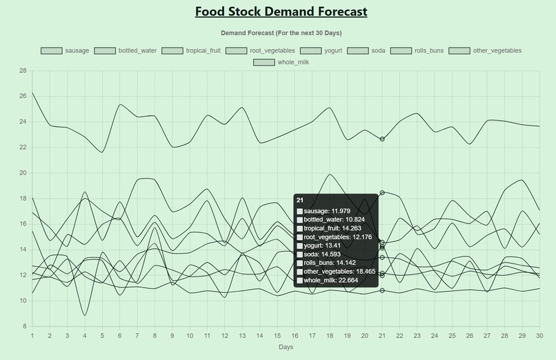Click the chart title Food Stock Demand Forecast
[x=281, y=12]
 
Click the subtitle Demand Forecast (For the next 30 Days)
[x=281, y=33]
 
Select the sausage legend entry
[x=65, y=50]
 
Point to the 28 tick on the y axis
[x=23, y=71]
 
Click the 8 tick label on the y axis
[x=25, y=326]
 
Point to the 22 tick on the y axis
[x=23, y=148]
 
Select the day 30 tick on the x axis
[x=539, y=335]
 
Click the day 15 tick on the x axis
[x=277, y=335]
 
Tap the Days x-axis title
[x=286, y=347]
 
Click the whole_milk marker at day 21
[x=382, y=139]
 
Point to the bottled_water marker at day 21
[x=382, y=290]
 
